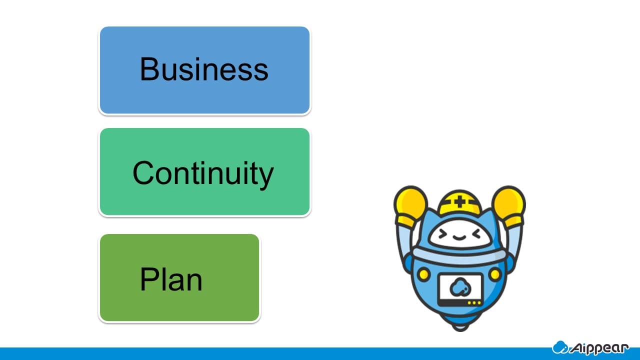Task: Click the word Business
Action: click(204, 69)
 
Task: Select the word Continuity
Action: click(203, 173)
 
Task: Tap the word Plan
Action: click(171, 279)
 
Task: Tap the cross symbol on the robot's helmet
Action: click(459, 202)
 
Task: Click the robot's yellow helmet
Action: click(459, 202)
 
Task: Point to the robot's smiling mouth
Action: click(459, 237)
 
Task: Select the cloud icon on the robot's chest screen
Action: click(460, 287)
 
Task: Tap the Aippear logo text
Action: click(599, 348)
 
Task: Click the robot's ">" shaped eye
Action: click(442, 235)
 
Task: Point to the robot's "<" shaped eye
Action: click(477, 235)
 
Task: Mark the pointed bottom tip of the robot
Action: click(460, 330)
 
